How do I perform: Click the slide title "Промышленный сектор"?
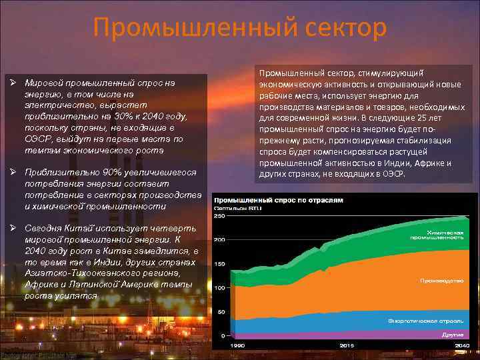[240, 28]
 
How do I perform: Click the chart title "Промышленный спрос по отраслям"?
[279, 199]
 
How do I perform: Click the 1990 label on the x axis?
[237, 345]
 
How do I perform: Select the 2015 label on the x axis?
[347, 345]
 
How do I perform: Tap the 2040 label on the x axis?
[461, 345]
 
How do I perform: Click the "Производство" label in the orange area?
[441, 281]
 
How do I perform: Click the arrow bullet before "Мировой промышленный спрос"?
[14, 83]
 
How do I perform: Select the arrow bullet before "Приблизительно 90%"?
[14, 172]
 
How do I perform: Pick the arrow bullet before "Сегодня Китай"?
[14, 228]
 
